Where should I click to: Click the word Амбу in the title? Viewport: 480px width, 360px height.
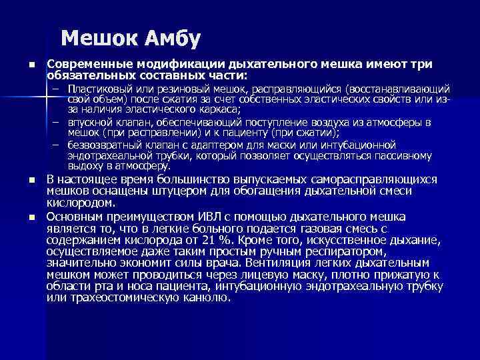click(168, 39)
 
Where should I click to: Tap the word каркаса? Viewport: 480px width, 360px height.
click(217, 109)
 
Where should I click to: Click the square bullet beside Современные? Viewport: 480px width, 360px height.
click(31, 65)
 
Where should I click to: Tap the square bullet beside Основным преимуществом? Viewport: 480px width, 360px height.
click(31, 217)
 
